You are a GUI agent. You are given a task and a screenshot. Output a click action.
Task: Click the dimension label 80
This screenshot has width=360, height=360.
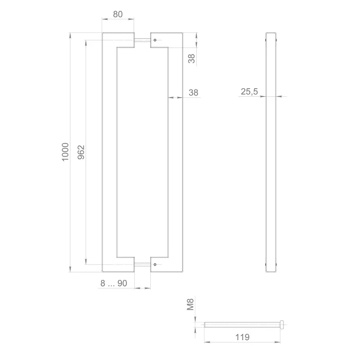(x=118, y=14)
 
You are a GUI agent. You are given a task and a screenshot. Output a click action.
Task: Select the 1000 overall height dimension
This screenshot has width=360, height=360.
(x=65, y=152)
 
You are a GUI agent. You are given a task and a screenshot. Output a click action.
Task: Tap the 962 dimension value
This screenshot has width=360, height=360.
(x=81, y=152)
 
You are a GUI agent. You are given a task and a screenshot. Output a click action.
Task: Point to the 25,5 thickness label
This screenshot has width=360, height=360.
(x=249, y=92)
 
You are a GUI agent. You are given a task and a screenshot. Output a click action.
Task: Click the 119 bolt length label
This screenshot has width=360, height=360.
(x=242, y=337)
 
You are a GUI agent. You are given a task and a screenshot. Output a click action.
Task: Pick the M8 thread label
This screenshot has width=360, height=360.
(x=190, y=305)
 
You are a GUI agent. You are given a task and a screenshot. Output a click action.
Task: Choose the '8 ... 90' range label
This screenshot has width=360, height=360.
(x=114, y=283)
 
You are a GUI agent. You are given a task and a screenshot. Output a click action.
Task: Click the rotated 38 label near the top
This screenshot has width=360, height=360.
(x=192, y=58)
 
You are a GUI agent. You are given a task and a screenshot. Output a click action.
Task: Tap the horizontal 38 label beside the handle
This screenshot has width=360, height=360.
(x=193, y=93)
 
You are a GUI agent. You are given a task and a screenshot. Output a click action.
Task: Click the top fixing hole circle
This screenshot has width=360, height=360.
(x=155, y=40)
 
